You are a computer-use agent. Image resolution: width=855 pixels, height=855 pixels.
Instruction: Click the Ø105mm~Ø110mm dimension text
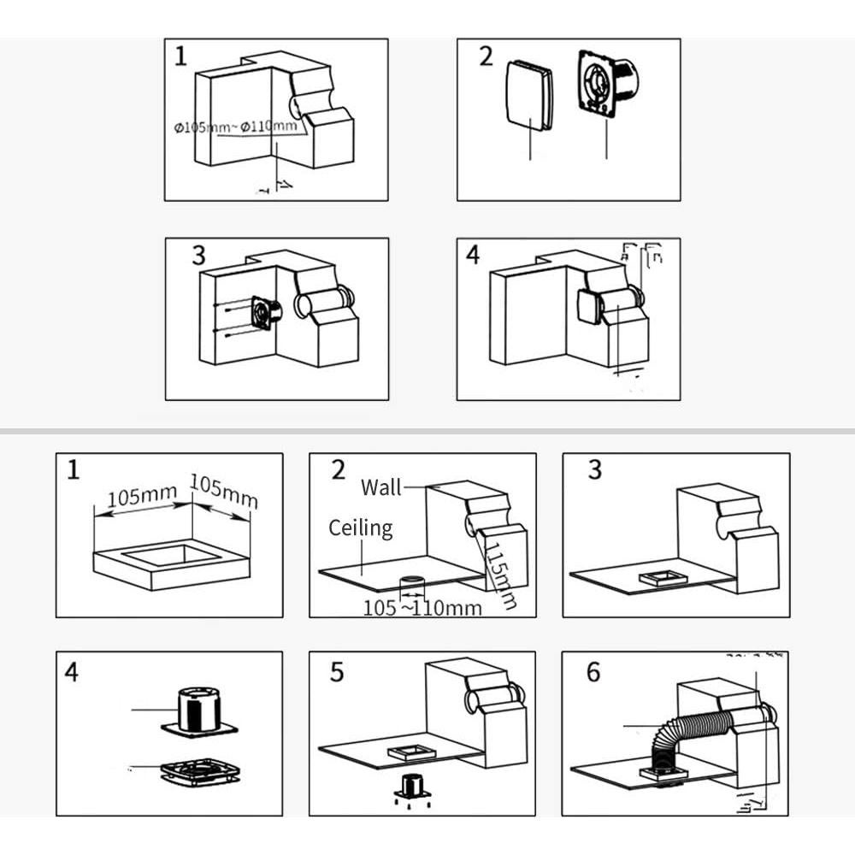237,127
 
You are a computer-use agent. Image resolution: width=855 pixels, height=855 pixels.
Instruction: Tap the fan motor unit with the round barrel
609,81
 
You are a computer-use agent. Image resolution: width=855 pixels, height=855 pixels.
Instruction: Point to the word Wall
381,487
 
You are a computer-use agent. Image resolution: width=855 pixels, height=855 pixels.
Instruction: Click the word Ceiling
361,528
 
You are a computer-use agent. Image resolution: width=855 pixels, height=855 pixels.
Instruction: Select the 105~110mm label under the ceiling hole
422,608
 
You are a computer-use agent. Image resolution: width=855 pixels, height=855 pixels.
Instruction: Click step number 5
337,672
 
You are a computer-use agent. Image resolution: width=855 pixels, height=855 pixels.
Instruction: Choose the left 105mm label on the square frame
143,495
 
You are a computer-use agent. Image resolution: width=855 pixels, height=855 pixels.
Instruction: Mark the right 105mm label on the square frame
223,491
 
